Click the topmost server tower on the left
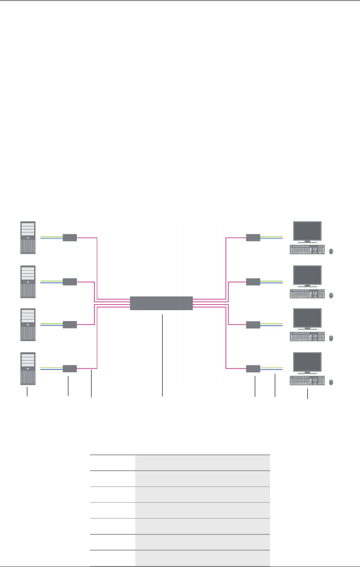pos(28,237)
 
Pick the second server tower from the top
pos(28,282)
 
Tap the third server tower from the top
pos(28,325)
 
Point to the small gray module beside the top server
pos(70,237)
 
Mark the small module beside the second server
pos(70,282)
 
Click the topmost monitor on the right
pos(307,232)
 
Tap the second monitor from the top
pos(307,275)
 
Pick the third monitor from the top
pos(307,319)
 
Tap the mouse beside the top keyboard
pos(332,251)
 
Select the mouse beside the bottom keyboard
pos(332,383)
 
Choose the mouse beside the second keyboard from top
pos(332,295)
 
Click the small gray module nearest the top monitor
pos(253,237)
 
